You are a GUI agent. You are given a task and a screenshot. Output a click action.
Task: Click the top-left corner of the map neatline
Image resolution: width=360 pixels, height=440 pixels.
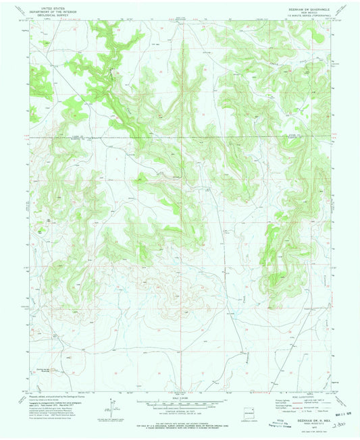click(29, 20)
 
